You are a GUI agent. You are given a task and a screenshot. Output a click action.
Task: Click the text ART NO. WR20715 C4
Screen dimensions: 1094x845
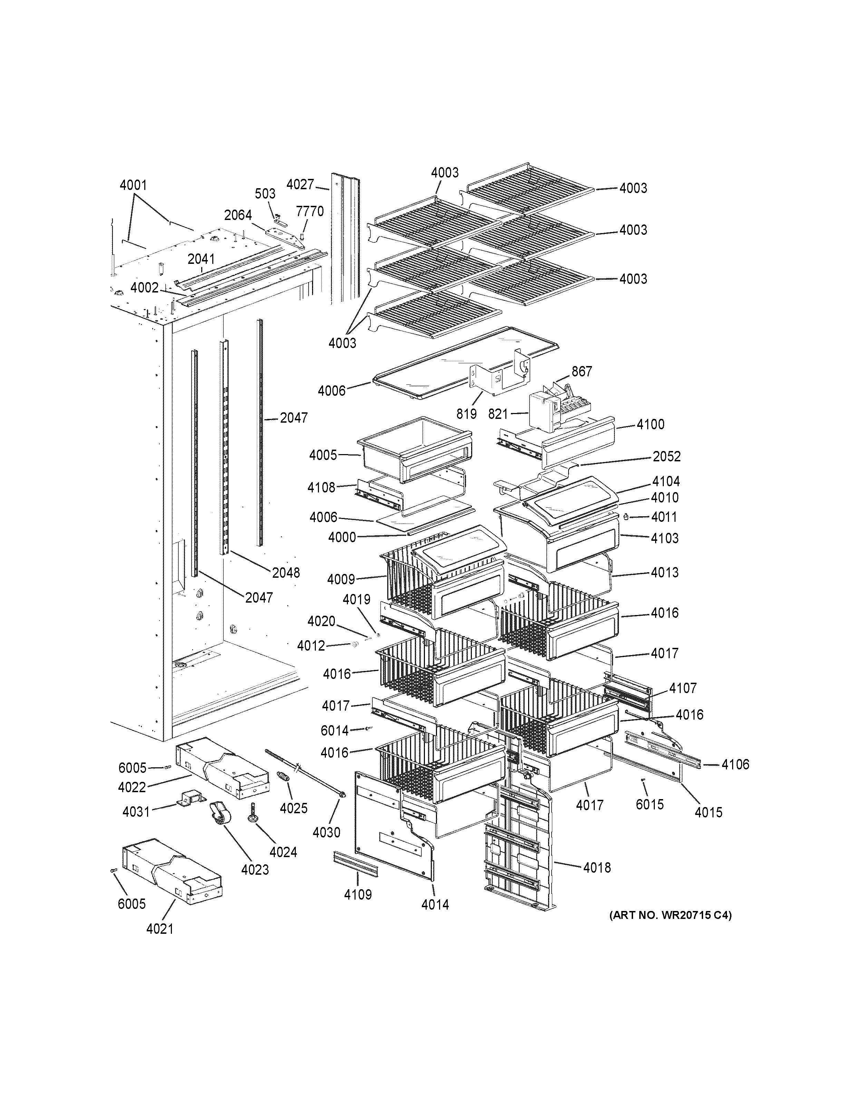coord(670,915)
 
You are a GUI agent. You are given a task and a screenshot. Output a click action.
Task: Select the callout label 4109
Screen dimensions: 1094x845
coord(357,894)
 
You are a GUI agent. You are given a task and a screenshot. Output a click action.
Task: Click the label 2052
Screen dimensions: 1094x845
coord(666,456)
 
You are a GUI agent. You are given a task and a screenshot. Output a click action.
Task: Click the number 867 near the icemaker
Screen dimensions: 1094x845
coord(582,371)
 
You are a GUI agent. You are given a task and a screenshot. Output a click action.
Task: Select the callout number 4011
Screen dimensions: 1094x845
coord(664,517)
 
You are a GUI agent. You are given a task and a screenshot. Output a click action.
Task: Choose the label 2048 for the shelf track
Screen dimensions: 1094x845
coord(286,573)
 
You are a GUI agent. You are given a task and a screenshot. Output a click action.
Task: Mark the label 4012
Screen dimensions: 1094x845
coord(311,646)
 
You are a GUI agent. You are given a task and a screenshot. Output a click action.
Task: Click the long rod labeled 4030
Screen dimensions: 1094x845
coord(310,779)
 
